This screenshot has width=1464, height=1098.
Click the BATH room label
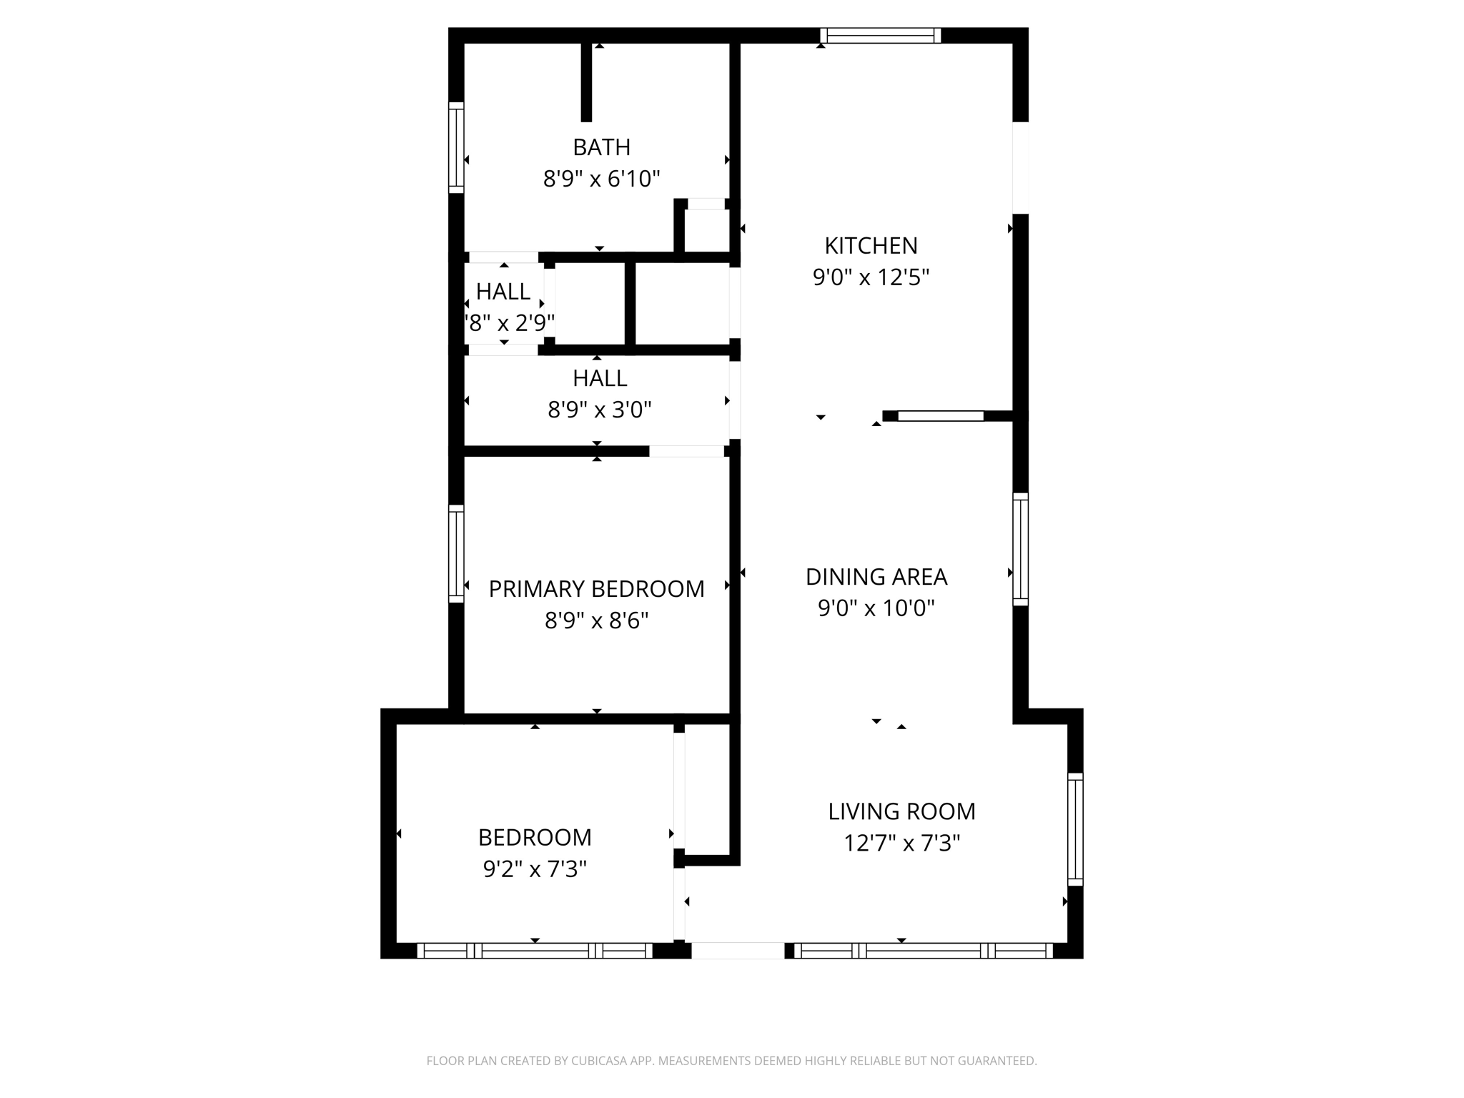601,147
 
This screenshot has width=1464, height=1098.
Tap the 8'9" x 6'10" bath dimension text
601,179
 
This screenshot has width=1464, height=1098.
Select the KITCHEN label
871,246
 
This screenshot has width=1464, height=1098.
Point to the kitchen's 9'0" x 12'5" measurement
871,277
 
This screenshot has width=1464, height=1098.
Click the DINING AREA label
876,577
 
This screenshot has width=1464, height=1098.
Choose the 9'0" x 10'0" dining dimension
876,608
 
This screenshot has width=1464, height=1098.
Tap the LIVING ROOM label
902,811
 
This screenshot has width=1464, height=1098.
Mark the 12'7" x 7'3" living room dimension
902,844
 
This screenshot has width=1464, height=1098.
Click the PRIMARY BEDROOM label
597,589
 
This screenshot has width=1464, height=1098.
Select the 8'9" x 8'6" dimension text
597,620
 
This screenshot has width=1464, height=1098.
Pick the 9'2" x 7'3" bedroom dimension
535,869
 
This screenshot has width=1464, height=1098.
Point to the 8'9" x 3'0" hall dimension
600,410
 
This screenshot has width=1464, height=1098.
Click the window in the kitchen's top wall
881,36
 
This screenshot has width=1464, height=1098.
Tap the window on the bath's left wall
456,147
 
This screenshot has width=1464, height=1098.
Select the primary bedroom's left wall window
456,554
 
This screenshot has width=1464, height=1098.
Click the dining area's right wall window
1021,549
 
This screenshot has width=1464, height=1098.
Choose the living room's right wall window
1076,829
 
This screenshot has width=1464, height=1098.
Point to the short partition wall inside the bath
586,82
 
